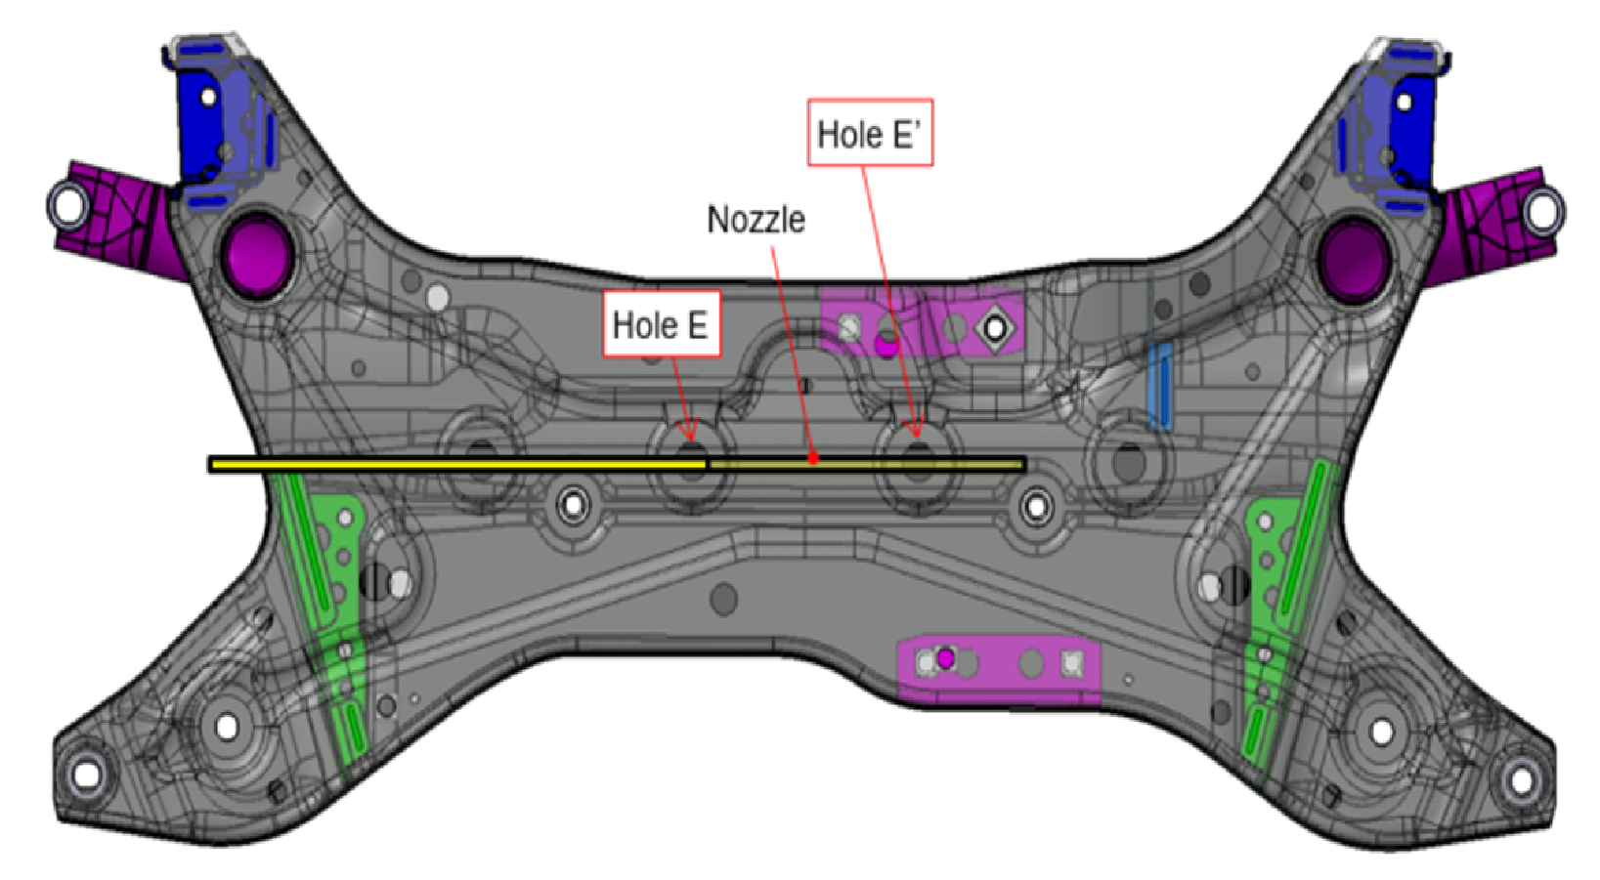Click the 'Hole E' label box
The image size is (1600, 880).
pos(661,324)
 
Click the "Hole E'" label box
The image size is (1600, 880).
pos(869,133)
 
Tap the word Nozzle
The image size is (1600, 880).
pos(756,220)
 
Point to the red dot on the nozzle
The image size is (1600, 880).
pos(812,457)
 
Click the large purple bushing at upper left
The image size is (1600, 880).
pos(258,252)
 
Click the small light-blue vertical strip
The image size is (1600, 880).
pos(1159,386)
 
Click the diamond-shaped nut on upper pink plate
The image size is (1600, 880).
pos(995,329)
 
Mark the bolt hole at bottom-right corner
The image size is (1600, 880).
pos(1521,778)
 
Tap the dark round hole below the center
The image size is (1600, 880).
pos(723,599)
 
